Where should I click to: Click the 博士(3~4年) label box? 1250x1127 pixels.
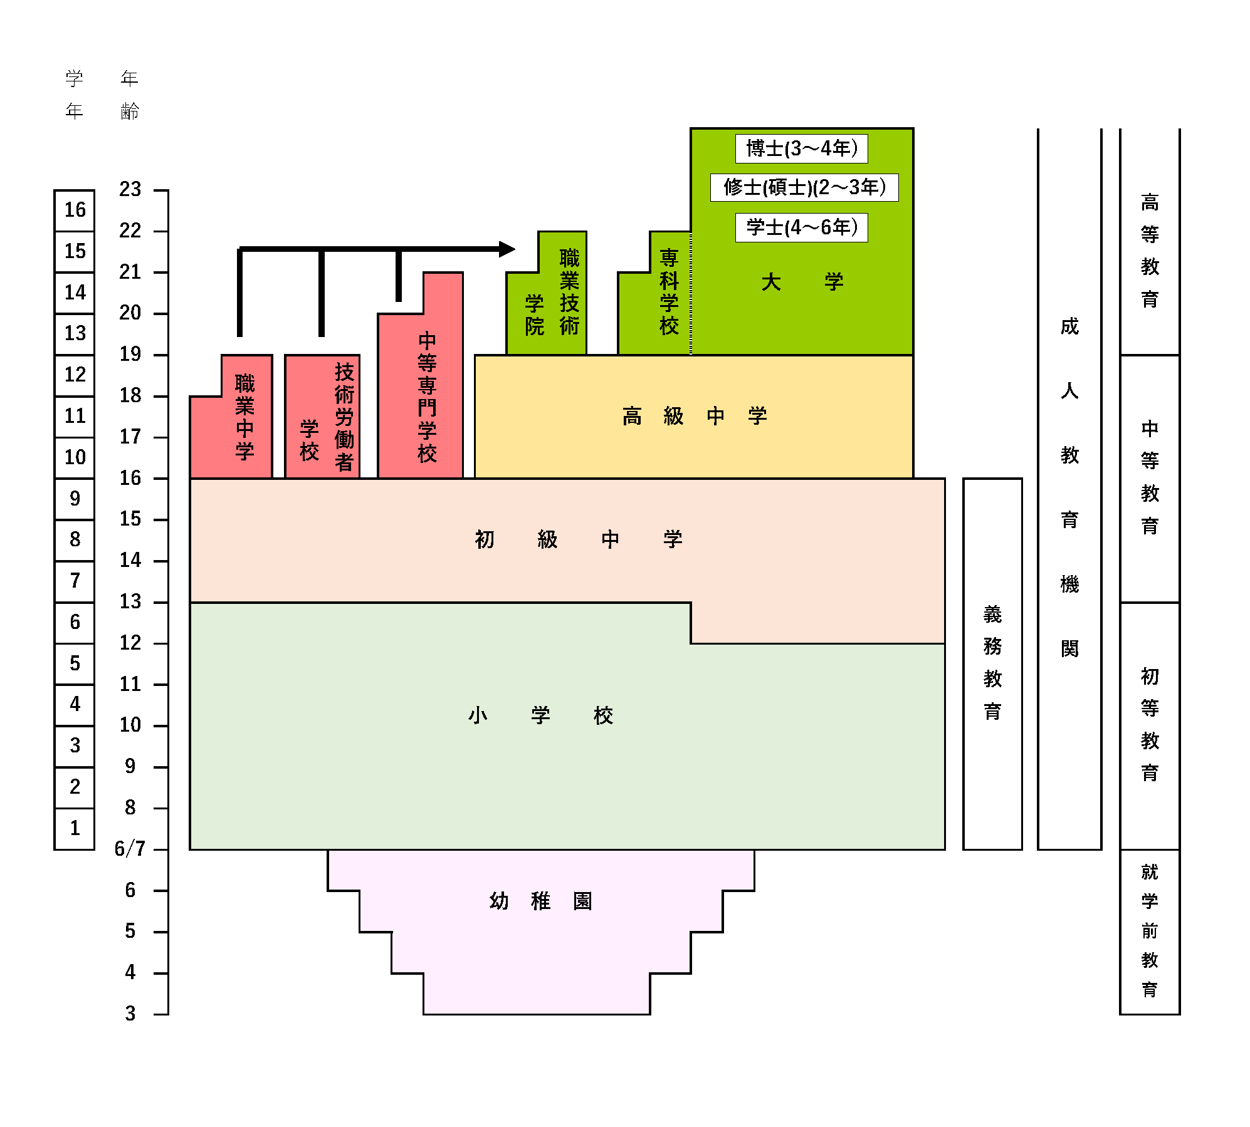click(x=801, y=148)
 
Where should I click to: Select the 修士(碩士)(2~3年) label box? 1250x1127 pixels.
click(x=804, y=187)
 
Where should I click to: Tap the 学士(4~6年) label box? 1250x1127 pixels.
click(x=801, y=227)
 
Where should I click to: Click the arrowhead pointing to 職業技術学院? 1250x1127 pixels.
click(x=507, y=249)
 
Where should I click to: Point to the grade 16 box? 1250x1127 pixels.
click(x=75, y=210)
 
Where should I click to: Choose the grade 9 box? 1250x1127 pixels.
click(x=75, y=499)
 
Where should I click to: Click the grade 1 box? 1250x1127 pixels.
click(x=75, y=829)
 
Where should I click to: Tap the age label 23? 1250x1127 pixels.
click(x=130, y=189)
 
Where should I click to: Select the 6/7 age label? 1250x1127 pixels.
click(x=130, y=849)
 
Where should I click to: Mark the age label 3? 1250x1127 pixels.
click(x=130, y=1014)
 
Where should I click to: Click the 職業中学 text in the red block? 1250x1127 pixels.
click(x=244, y=417)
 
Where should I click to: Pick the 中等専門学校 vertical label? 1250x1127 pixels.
click(x=427, y=397)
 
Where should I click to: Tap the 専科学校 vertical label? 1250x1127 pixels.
click(x=669, y=292)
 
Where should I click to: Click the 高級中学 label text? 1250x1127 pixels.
click(x=694, y=416)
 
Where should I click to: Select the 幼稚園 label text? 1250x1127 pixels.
click(x=540, y=901)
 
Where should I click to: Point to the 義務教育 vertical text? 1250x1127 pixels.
click(x=992, y=663)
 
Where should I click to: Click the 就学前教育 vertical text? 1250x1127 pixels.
click(x=1149, y=931)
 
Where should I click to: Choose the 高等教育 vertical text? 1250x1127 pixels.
click(x=1149, y=251)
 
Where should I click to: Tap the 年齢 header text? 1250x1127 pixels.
click(x=130, y=95)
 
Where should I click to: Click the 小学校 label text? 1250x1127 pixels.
click(x=540, y=715)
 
